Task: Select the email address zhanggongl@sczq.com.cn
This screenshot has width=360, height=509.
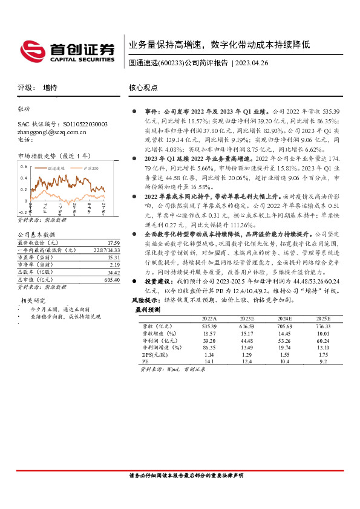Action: click(52, 131)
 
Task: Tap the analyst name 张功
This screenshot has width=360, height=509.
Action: click(24, 109)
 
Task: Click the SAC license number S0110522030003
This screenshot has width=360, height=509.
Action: click(79, 124)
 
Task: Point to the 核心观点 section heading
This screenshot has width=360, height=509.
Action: click(143, 88)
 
